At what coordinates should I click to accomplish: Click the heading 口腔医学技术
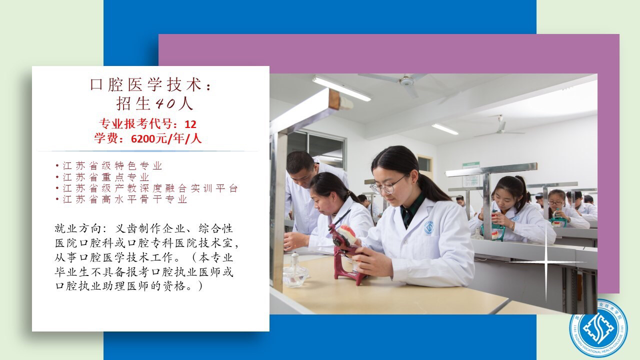click(x=146, y=85)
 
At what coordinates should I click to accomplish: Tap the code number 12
click(x=190, y=124)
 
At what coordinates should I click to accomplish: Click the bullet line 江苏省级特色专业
click(x=112, y=165)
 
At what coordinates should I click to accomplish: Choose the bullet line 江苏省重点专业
click(x=106, y=177)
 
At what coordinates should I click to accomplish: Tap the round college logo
click(x=598, y=328)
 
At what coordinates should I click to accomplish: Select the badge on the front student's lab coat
click(x=428, y=227)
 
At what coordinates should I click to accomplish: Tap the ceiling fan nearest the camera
click(x=406, y=83)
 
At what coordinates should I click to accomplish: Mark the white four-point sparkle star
click(x=546, y=261)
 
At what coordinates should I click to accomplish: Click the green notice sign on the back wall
click(x=471, y=174)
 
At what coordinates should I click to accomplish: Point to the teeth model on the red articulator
click(x=347, y=233)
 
